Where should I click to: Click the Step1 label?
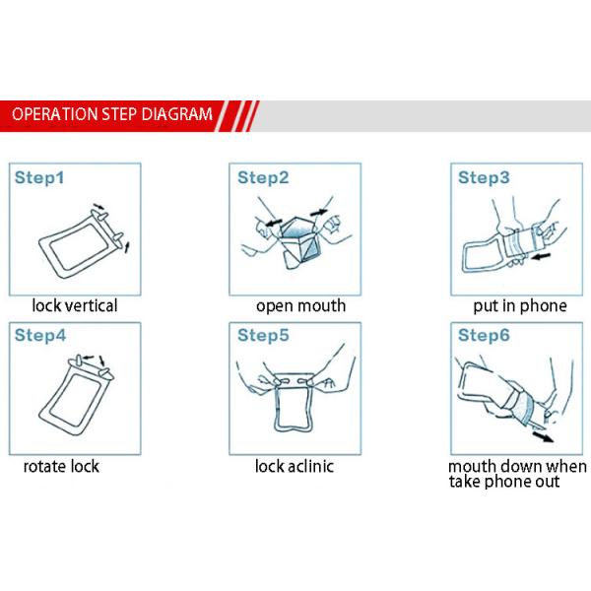pos(39,178)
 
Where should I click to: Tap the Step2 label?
pos(263,178)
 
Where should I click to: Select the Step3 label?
pos(484,178)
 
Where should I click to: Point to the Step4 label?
pos(40,336)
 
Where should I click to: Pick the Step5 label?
pos(263,336)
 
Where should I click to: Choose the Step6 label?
pos(484,336)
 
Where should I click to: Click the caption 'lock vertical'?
pos(75,305)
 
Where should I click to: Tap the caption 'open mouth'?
pos(300,306)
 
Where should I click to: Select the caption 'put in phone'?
pos(520,306)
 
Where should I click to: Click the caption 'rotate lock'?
pos(61,467)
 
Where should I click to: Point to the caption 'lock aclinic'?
pos(295,466)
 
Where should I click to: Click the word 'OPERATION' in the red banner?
pos(54,114)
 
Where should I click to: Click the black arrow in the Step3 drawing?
pos(541,257)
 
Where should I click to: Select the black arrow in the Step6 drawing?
pos(543,437)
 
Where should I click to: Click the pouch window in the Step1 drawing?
pos(80,246)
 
